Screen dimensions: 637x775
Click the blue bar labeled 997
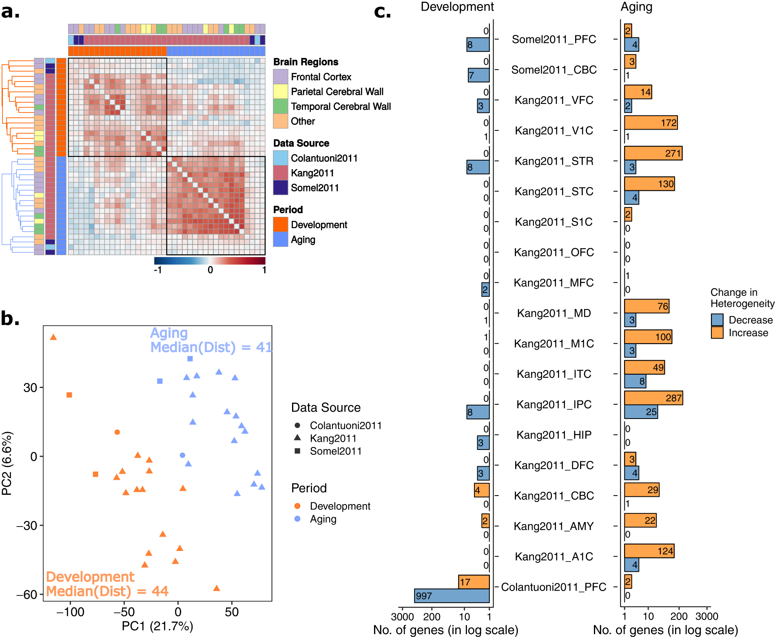[x=452, y=596]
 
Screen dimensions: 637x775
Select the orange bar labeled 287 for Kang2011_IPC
[x=653, y=398]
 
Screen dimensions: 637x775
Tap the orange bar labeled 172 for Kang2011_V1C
[x=651, y=123]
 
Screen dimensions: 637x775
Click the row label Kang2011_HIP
[x=554, y=435]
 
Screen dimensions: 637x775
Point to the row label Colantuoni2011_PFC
[x=554, y=587]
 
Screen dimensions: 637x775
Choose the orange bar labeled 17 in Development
[x=474, y=582]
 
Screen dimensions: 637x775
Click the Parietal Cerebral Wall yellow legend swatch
[x=280, y=92]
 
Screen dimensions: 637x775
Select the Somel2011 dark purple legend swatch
[x=280, y=188]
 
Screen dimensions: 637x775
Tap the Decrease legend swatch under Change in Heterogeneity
[x=717, y=320]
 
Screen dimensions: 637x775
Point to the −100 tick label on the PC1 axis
[x=70, y=612]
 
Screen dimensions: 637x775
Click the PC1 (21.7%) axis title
[x=157, y=626]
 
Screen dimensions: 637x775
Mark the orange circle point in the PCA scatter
[x=117, y=432]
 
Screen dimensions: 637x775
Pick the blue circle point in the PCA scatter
[x=182, y=455]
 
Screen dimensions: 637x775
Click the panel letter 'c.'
[x=382, y=11]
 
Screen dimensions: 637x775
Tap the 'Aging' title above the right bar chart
[x=636, y=7]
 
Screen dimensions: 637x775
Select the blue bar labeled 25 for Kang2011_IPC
[x=641, y=412]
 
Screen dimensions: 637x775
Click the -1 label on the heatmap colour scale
[x=158, y=270]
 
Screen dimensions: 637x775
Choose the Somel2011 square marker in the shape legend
[x=297, y=451]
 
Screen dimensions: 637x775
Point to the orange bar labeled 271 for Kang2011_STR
[x=653, y=153]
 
